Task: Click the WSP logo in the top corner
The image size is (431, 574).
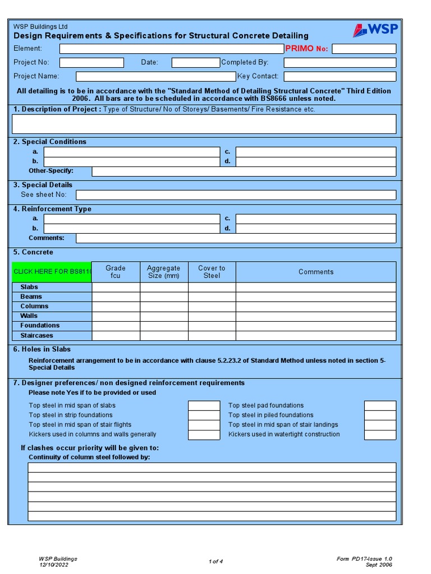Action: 375,30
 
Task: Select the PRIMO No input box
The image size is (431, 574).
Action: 364,49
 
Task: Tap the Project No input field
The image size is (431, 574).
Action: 91,63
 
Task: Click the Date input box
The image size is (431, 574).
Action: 195,63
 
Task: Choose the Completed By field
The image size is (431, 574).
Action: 340,63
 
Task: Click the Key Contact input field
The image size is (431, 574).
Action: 340,76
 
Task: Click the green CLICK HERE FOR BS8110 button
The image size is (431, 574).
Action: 52,272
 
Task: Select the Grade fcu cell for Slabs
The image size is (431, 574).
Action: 116,287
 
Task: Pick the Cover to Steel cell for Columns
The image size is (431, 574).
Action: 212,307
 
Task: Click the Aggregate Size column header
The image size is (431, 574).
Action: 163,272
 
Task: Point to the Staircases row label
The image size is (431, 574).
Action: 37,336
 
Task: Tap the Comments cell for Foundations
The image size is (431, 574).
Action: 315,326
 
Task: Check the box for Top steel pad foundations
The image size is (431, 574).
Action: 380,406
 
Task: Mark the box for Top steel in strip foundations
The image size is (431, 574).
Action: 204,415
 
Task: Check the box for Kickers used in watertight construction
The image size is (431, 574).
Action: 380,434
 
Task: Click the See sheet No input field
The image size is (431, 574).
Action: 236,195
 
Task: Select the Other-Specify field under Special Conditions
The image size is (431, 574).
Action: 244,172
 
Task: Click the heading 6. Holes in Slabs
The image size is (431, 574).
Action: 42,349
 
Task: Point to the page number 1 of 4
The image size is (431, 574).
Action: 215,562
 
